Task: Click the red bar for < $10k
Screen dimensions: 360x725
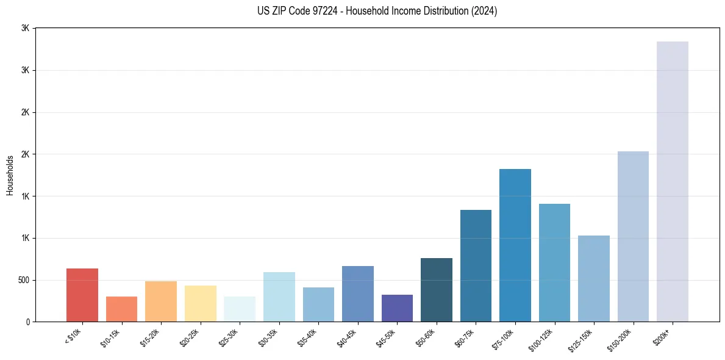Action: click(82, 295)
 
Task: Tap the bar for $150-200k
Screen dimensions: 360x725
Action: click(633, 237)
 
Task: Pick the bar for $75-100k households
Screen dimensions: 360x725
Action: click(515, 245)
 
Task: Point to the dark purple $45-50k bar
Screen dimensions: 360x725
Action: click(397, 308)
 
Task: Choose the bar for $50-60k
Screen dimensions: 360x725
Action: click(437, 290)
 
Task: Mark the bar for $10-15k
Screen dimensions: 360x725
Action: click(121, 309)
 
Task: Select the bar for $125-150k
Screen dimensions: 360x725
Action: click(594, 279)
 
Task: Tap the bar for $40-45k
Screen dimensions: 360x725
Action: click(358, 294)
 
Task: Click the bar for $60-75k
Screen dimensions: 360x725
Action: click(476, 266)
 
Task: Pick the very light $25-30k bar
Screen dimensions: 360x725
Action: click(240, 309)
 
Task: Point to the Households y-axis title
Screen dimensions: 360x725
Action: click(10, 175)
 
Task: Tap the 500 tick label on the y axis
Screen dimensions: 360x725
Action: click(24, 280)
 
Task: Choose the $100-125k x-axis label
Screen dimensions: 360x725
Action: click(546, 339)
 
